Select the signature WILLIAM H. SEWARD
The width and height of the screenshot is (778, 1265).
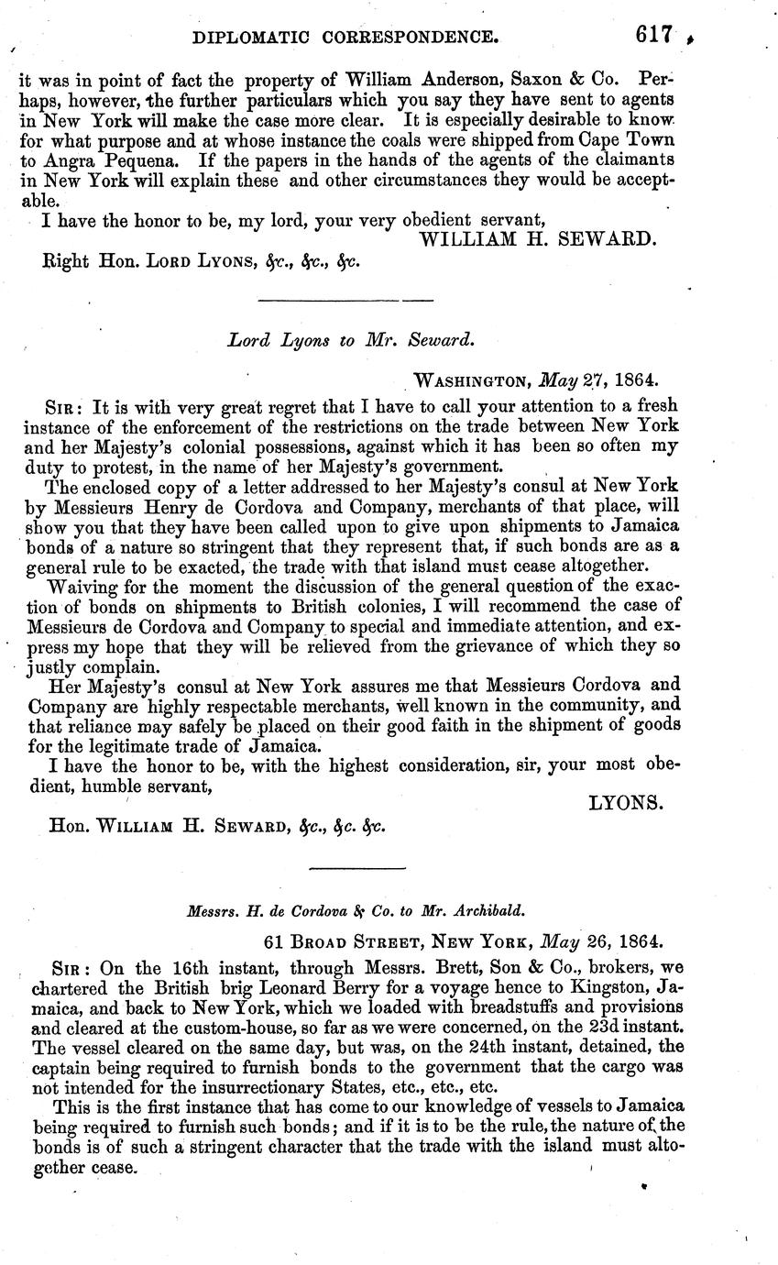pos(538,239)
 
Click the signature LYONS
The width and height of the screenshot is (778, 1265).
pos(625,802)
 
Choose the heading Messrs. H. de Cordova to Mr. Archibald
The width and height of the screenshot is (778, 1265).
pos(356,911)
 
